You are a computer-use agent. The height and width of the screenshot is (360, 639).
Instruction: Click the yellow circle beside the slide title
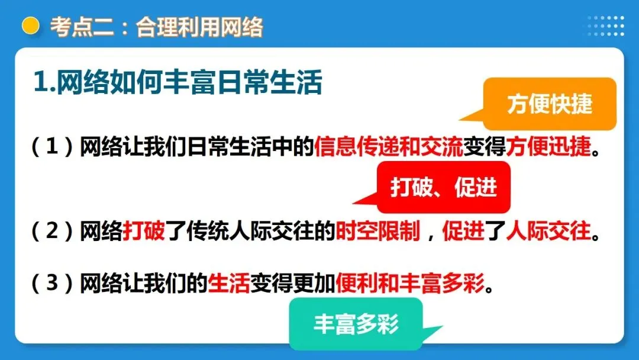(30, 27)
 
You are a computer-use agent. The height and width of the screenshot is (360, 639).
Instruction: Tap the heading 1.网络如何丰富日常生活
(177, 83)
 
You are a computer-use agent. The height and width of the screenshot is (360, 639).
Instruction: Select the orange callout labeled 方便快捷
(550, 104)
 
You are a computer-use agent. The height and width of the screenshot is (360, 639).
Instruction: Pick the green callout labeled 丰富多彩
(356, 324)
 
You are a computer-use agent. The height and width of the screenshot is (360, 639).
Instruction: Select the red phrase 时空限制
(378, 231)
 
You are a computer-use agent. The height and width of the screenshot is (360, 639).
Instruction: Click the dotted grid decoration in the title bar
(605, 26)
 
